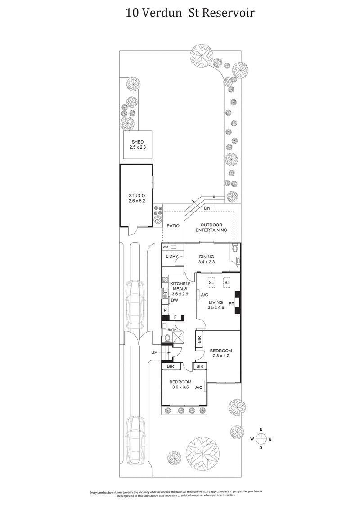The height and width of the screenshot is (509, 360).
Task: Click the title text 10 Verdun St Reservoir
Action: (x=190, y=13)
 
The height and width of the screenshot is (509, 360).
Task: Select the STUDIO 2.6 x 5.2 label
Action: (x=137, y=198)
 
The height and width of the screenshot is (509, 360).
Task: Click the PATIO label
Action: (x=173, y=226)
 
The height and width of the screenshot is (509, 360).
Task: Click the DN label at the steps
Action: (x=207, y=208)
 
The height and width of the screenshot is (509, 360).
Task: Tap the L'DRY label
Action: (x=172, y=257)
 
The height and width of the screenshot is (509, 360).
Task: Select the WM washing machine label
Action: (x=165, y=248)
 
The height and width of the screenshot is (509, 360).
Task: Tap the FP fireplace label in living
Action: (x=231, y=304)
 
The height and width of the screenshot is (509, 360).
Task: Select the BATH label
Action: (x=172, y=329)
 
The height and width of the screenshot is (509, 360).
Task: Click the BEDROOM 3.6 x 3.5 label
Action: (x=180, y=385)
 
